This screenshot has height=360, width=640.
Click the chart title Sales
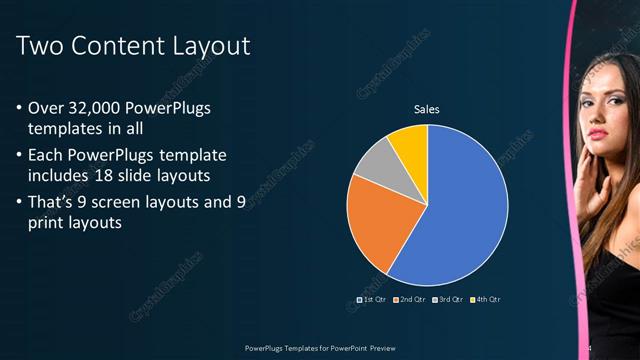point(427,109)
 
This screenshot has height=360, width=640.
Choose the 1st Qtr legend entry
point(372,299)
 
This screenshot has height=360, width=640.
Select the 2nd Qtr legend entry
point(411,299)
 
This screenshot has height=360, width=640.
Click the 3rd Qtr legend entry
point(448,299)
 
